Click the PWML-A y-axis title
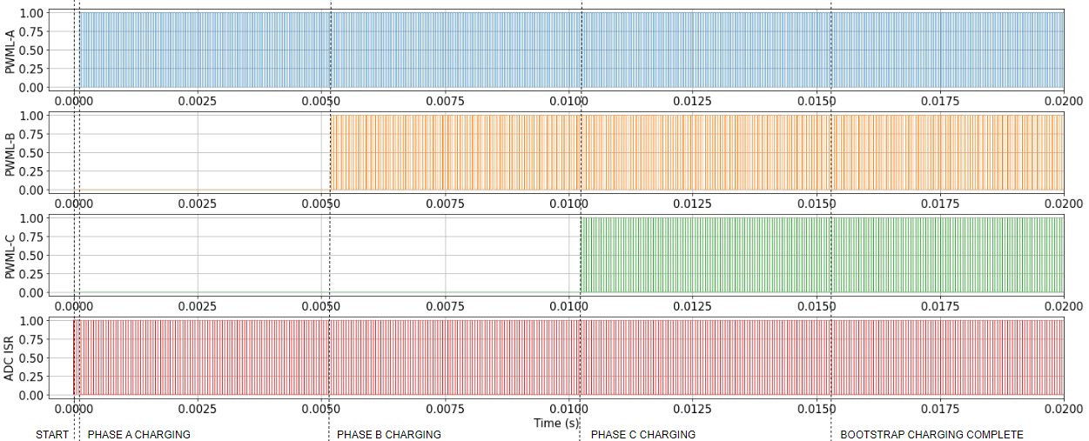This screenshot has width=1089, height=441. pos(10,50)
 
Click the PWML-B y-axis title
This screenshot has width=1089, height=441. pos(10,152)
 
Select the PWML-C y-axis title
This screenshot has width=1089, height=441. pos(10,255)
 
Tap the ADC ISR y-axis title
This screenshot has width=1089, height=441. pos(10,357)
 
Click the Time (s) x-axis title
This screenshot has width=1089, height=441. pos(556,423)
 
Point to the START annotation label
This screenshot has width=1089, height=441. pos(51,434)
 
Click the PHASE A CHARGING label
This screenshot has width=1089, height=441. pos(138,434)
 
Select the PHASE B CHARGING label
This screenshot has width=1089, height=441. pos(388,434)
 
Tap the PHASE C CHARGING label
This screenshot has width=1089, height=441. pos(642,434)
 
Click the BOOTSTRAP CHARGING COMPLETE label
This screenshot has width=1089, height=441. pos(931,434)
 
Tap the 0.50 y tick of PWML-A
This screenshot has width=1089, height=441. pos(32,50)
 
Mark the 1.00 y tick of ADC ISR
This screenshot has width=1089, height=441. pos(32,321)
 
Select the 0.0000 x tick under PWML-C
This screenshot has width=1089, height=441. pos(73,306)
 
